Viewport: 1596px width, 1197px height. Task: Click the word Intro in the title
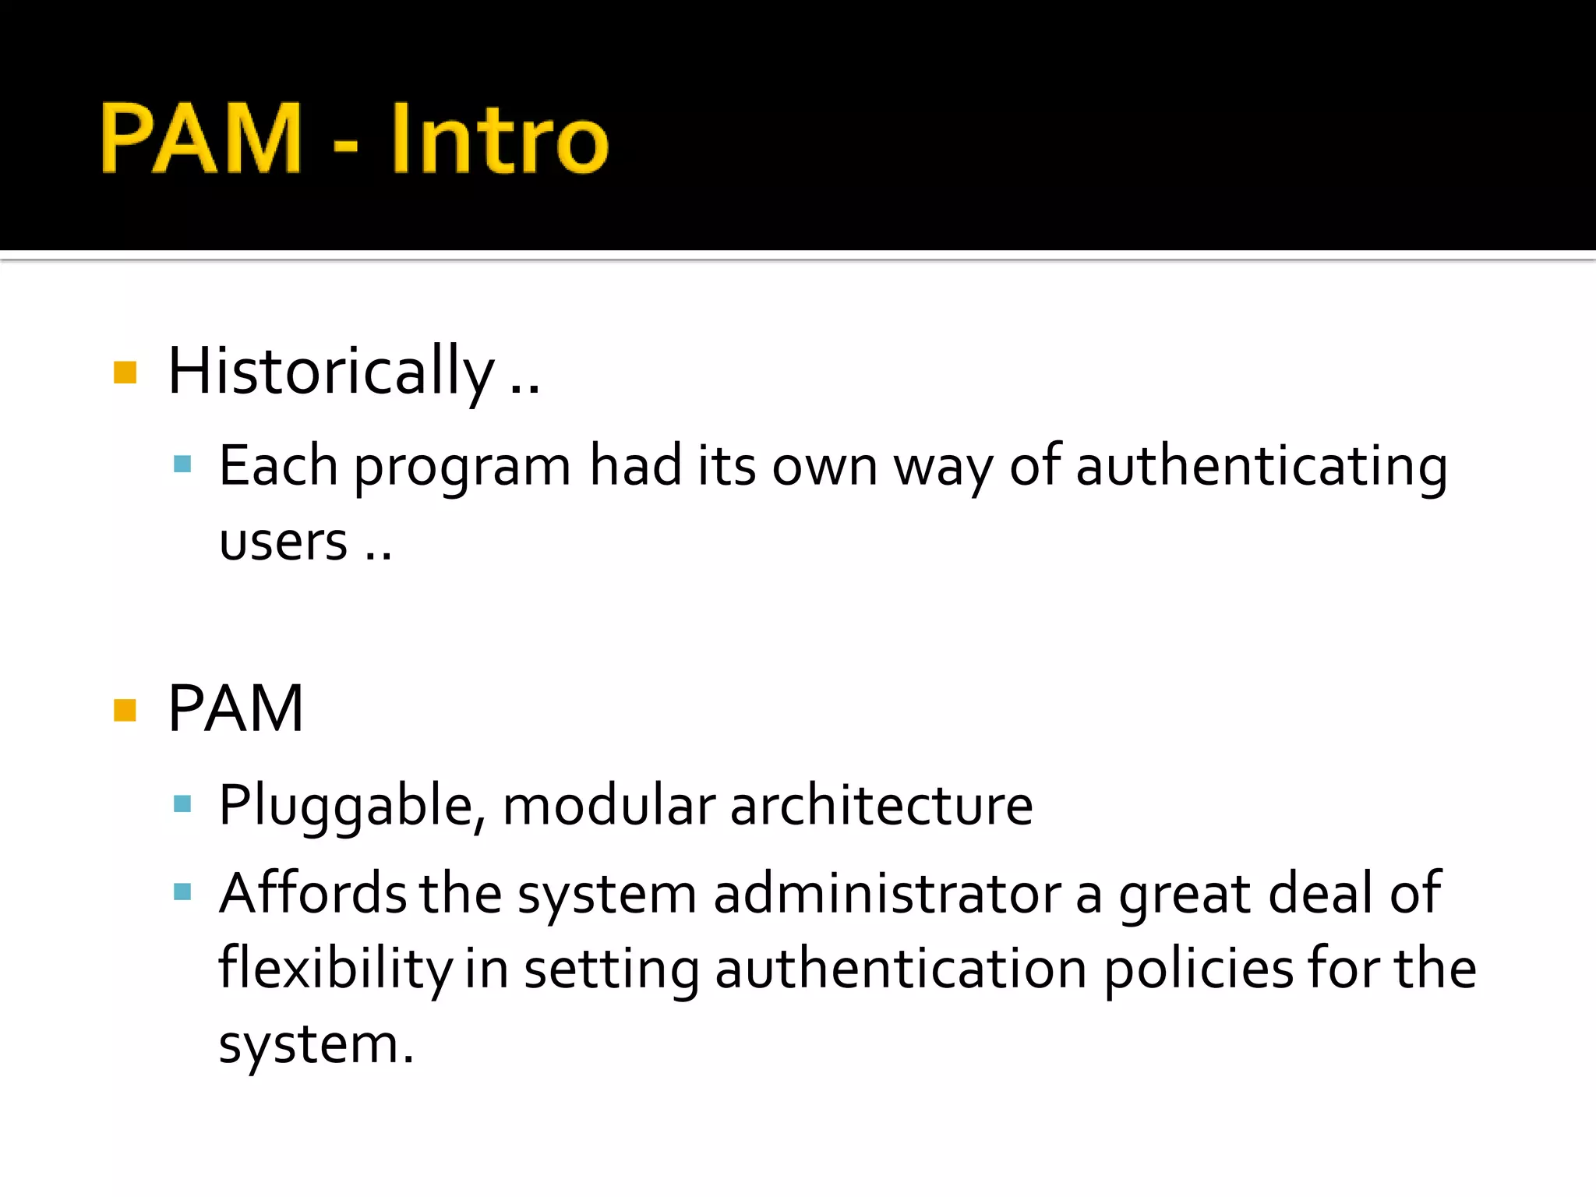[x=499, y=139]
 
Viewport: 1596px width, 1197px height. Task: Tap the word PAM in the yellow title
[x=201, y=139]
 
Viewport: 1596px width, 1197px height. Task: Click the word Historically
[x=331, y=371]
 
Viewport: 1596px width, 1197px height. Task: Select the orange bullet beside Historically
[x=125, y=373]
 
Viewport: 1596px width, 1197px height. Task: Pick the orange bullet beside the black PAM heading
[x=125, y=710]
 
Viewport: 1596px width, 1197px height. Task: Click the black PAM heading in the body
[x=235, y=708]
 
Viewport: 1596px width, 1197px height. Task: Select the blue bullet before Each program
[x=182, y=465]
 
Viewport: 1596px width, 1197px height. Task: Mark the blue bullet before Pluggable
[x=182, y=804]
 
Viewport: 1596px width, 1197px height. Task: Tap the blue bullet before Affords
[x=182, y=892]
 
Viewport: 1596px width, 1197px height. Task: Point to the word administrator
[x=887, y=893]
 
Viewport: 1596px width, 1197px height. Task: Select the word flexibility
[x=335, y=969]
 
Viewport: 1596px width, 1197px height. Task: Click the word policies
[x=1198, y=969]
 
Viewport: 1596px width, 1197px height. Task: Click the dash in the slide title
[x=345, y=145]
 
